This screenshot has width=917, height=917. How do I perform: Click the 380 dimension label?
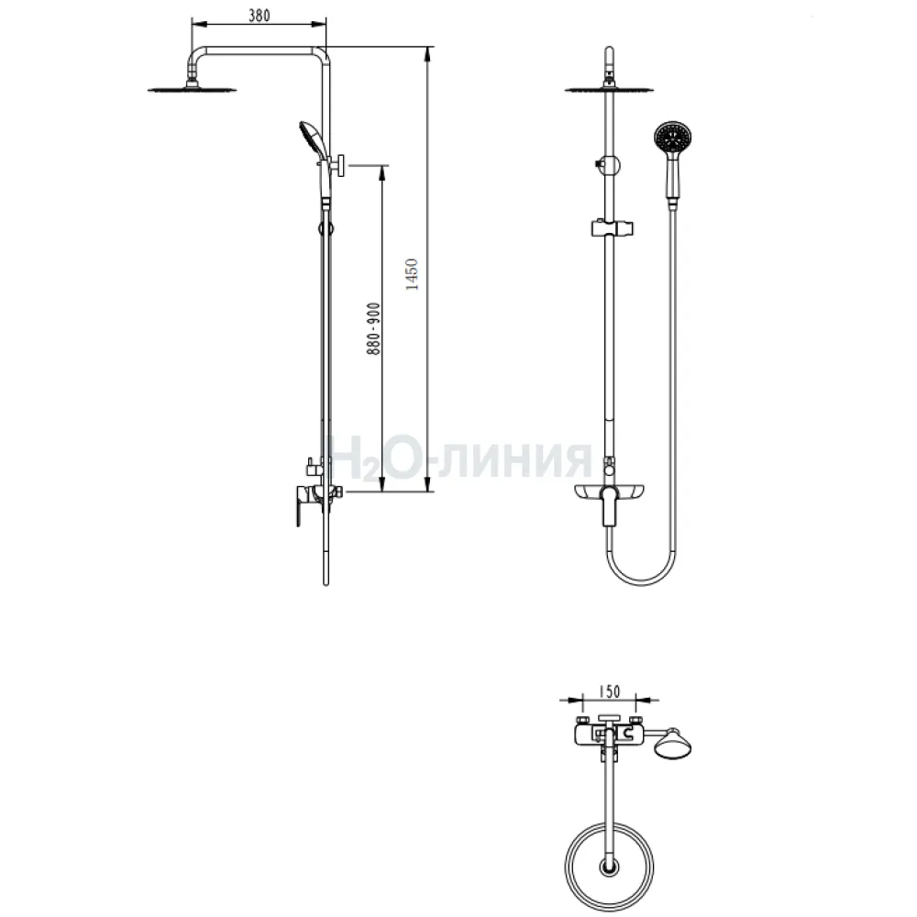click(260, 16)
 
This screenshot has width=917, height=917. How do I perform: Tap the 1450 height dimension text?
click(412, 274)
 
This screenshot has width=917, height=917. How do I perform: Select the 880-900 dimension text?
click(373, 328)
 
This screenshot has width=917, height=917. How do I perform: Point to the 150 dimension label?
click(609, 691)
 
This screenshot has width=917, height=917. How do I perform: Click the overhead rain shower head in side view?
click(193, 89)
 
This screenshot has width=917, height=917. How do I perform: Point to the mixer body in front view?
click(610, 495)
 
